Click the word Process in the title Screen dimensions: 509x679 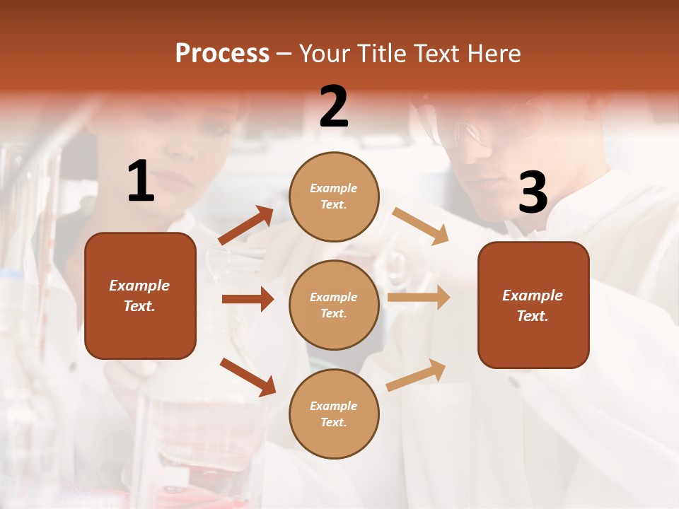[222, 54]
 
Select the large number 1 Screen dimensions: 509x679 [141, 182]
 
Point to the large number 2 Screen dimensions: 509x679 [334, 107]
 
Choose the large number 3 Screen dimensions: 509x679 [533, 193]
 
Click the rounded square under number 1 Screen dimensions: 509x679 [140, 296]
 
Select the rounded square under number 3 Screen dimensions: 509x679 [533, 305]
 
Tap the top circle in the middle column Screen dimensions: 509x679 [334, 197]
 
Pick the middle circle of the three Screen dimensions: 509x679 [334, 305]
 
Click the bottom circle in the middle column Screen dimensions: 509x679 [334, 414]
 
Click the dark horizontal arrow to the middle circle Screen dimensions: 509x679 [248, 299]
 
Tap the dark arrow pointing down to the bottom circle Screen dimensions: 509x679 [248, 377]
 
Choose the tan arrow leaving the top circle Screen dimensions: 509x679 [421, 226]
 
